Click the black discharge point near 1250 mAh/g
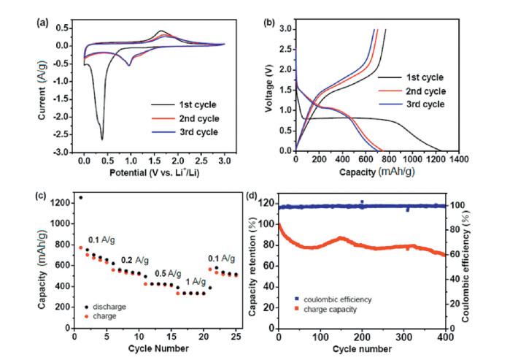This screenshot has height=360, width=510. [81, 197]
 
